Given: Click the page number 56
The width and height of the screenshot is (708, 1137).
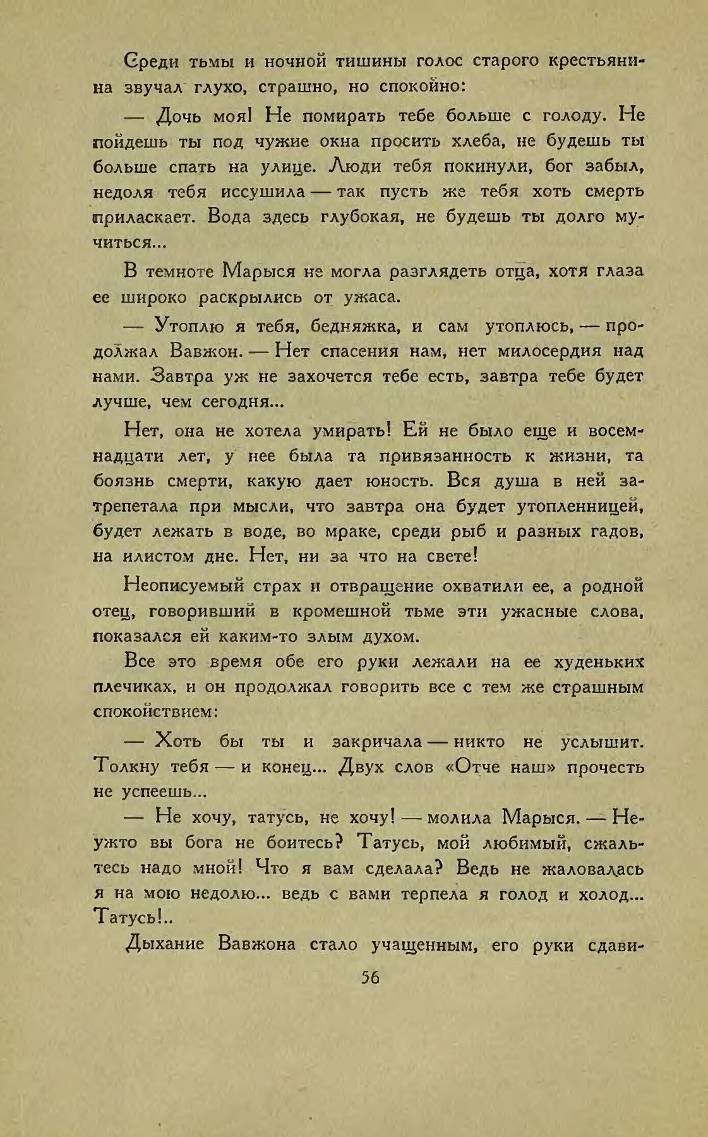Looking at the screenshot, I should [369, 977].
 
